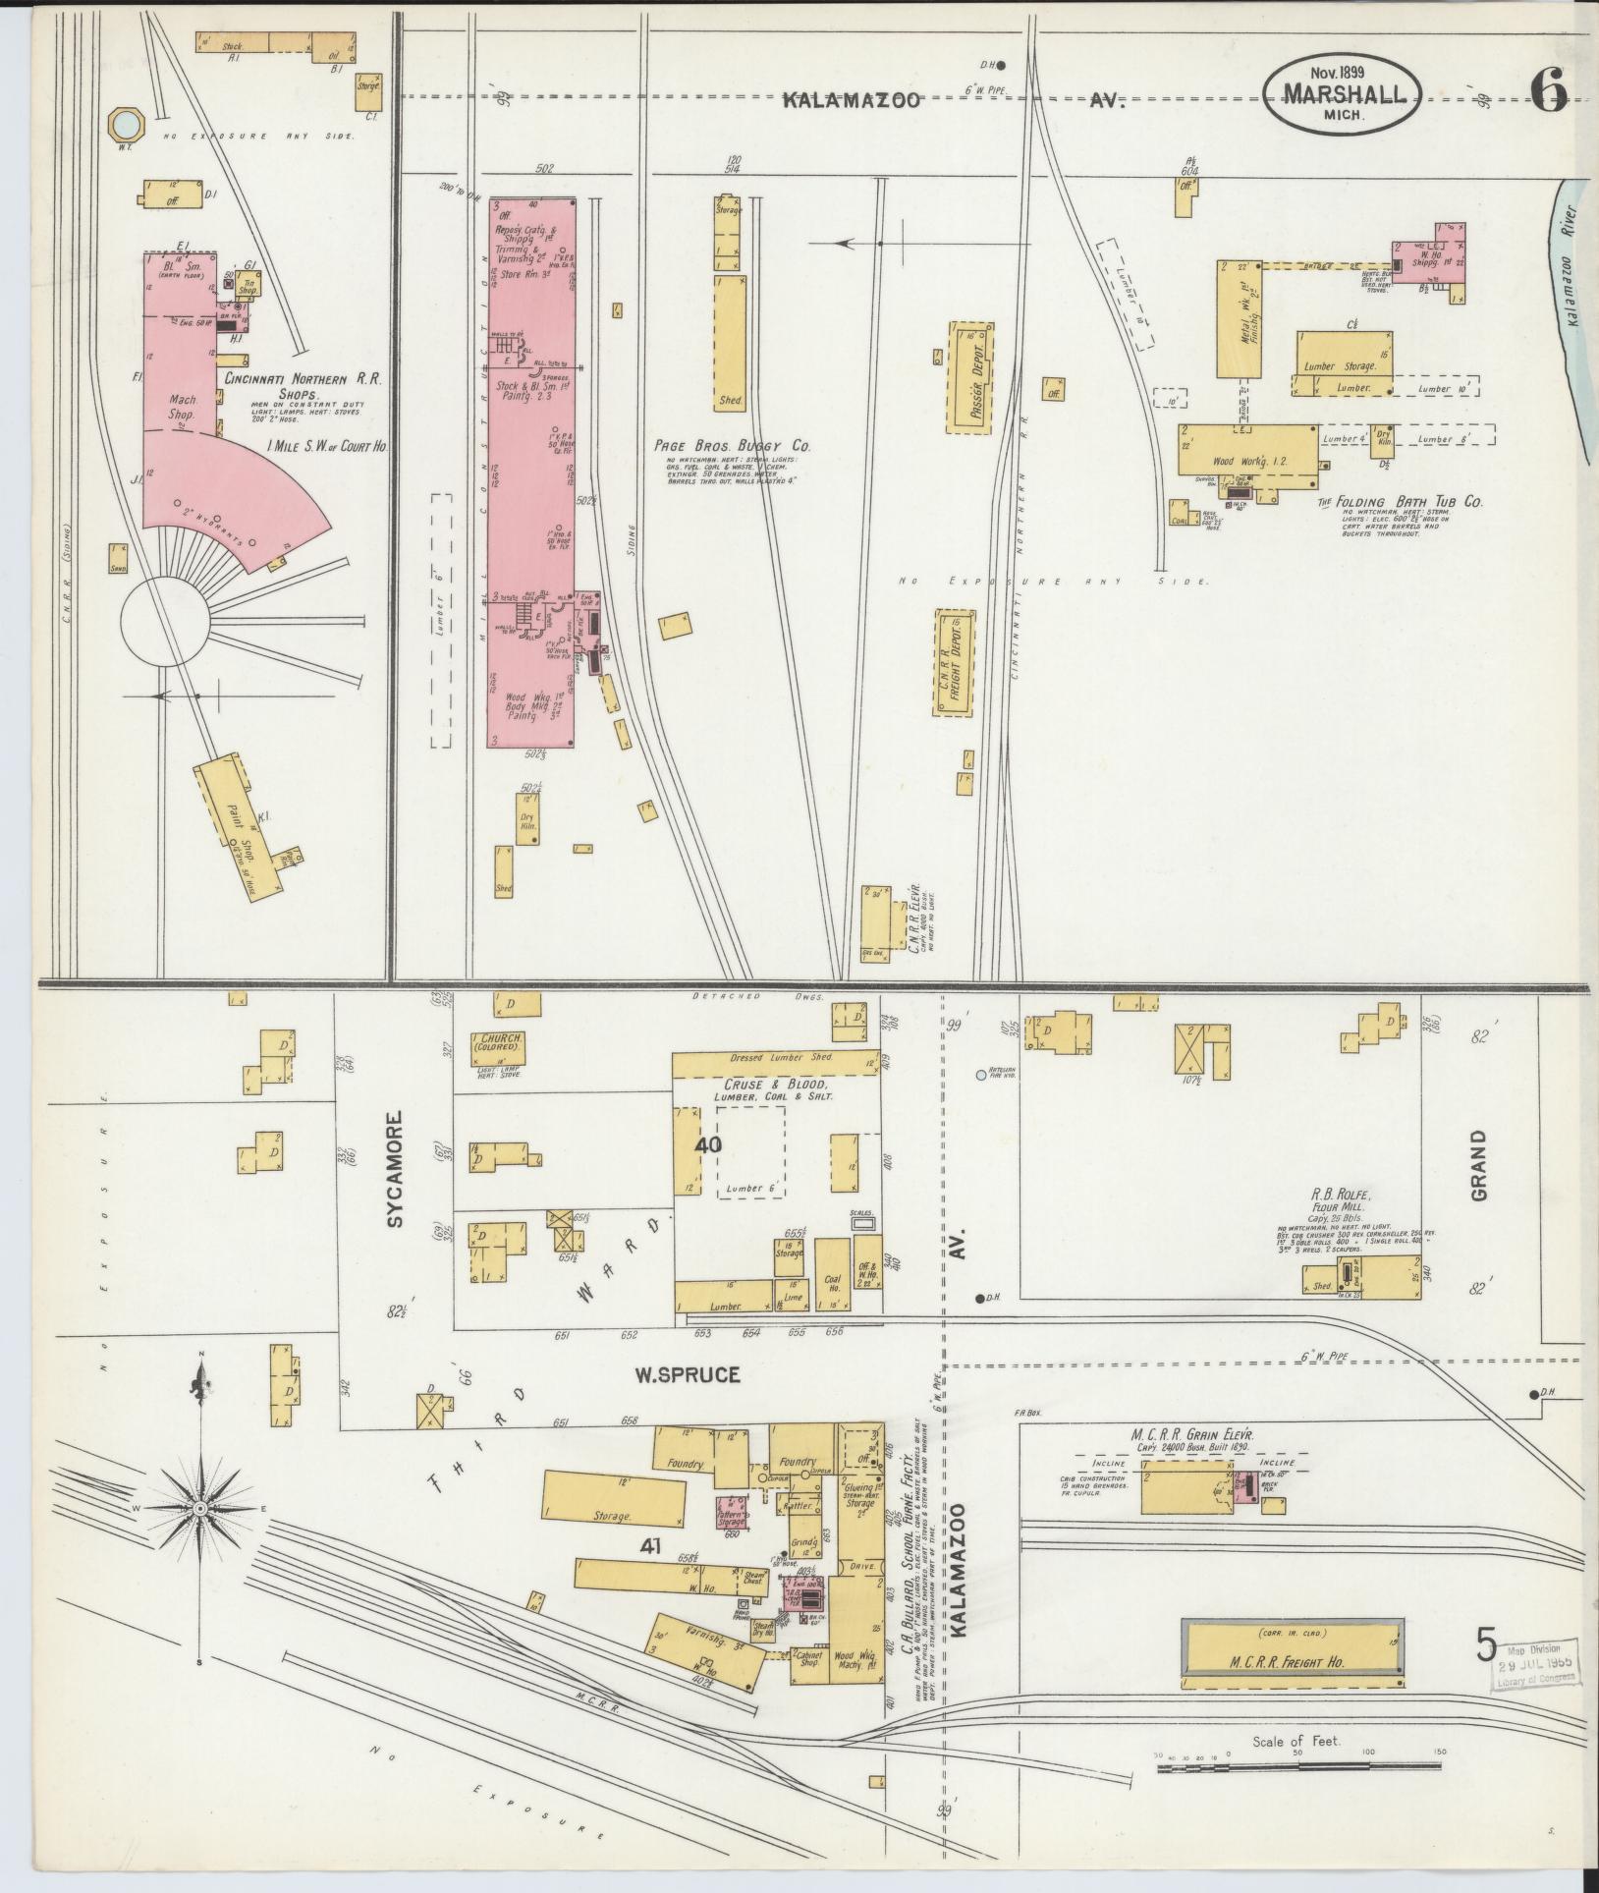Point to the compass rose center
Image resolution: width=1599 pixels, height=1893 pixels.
point(199,1507)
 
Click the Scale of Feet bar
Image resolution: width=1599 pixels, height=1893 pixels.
point(1296,1768)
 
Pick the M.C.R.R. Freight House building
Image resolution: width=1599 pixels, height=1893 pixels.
point(1293,1663)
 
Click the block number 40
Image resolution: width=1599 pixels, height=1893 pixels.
point(708,1144)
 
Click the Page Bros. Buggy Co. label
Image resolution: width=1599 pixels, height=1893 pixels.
point(733,445)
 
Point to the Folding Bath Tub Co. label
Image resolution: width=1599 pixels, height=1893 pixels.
point(1398,501)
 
